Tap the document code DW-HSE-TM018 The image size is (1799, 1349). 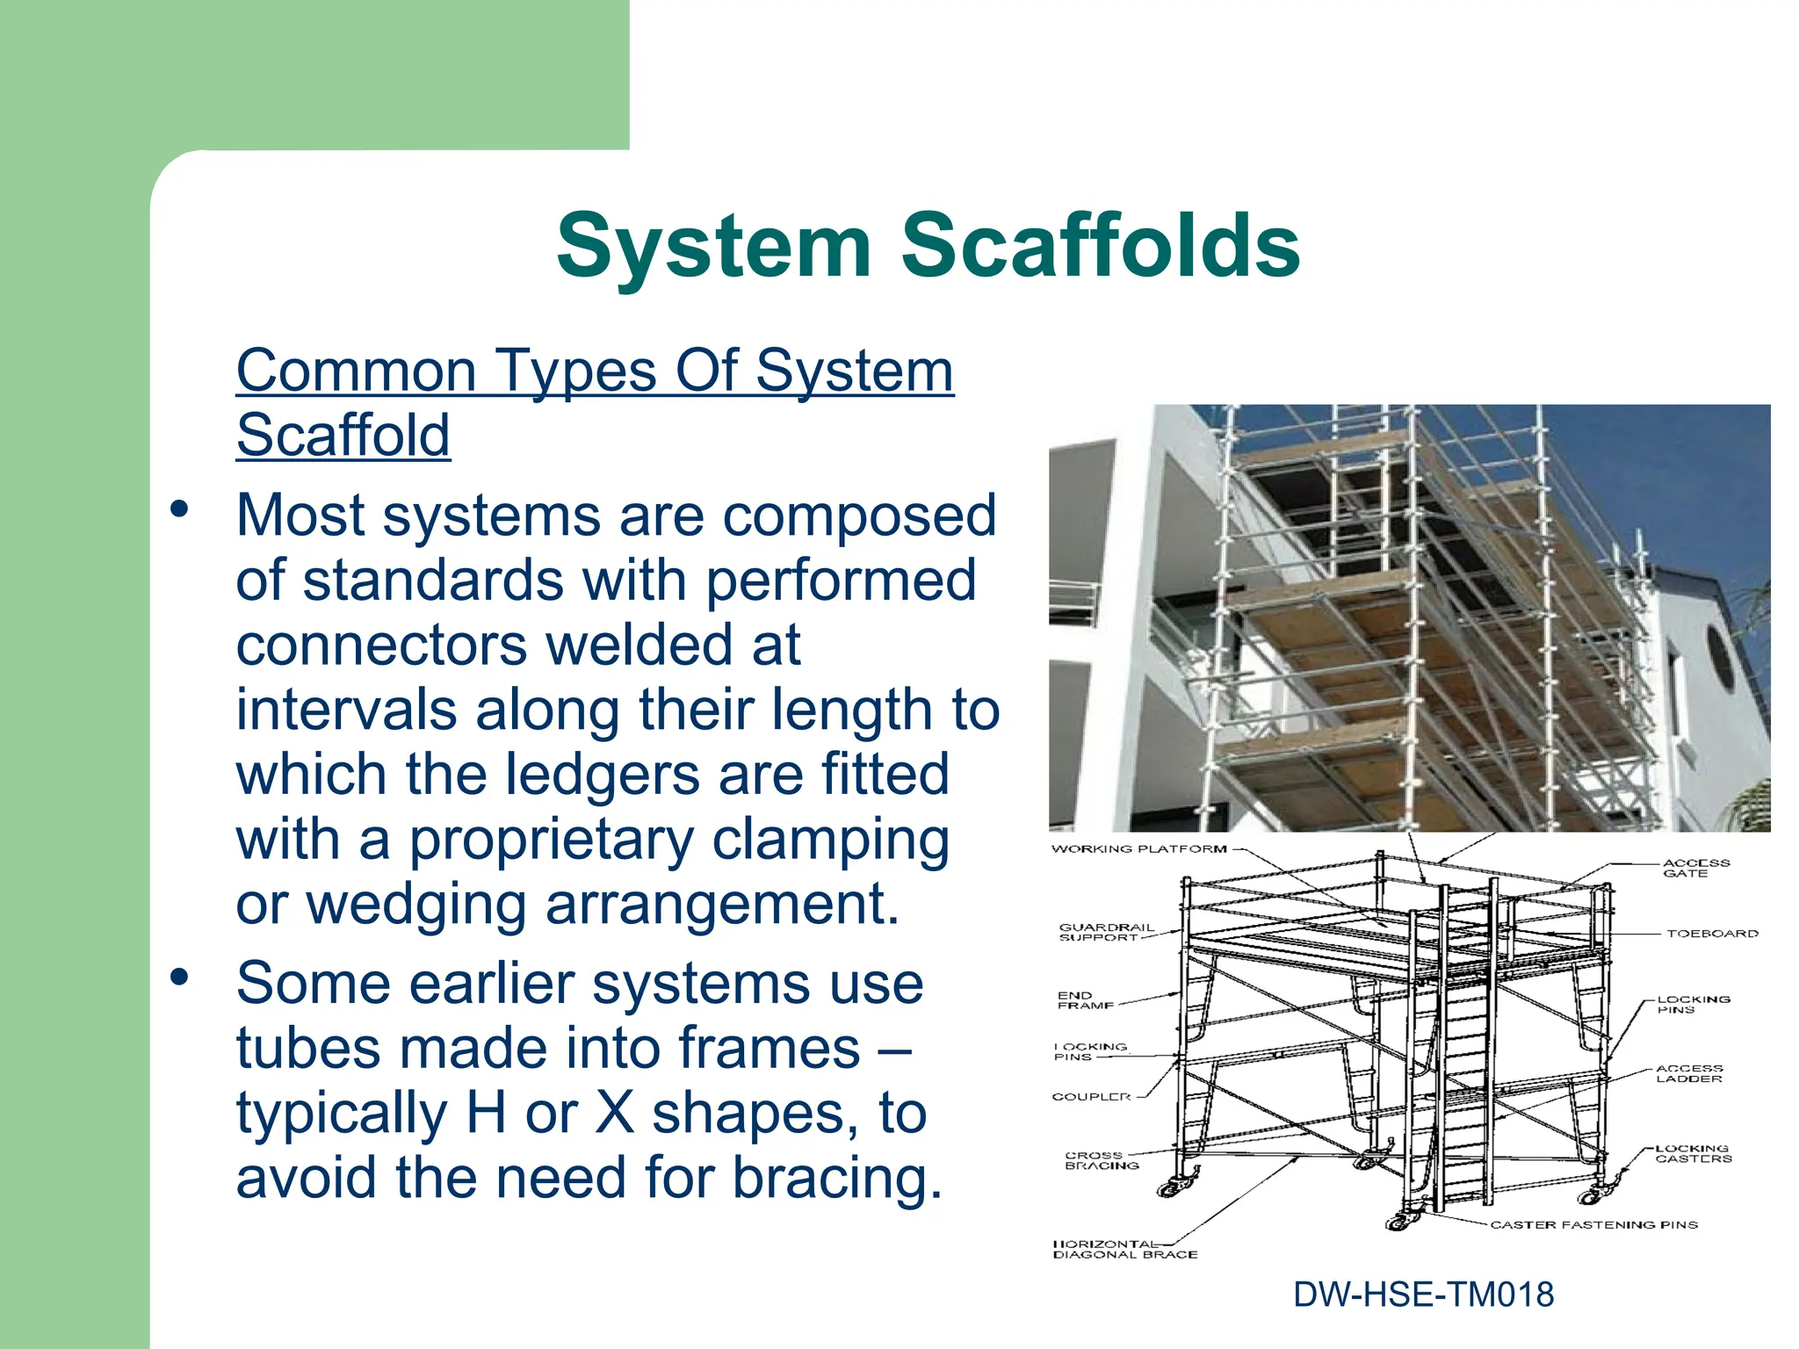[x=1423, y=1295]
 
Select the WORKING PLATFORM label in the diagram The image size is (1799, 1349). [x=1138, y=849]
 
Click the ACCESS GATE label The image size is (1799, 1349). [x=1695, y=868]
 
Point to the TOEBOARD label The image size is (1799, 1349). [x=1712, y=934]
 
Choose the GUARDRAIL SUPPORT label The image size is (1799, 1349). [x=1105, y=932]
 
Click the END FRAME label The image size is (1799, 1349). [x=1085, y=1000]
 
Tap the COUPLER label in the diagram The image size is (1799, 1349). [x=1091, y=1097]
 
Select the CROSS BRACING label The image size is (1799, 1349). [x=1101, y=1160]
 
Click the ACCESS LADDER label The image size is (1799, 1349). [x=1688, y=1073]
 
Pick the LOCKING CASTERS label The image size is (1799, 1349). [x=1693, y=1153]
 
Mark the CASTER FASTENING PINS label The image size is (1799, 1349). [x=1593, y=1224]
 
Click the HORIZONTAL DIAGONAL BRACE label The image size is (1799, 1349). [x=1123, y=1250]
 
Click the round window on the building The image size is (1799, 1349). [x=1719, y=656]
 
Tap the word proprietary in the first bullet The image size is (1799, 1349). [x=551, y=840]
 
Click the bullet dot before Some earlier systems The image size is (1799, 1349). [x=180, y=976]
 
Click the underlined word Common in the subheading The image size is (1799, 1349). [x=355, y=371]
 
